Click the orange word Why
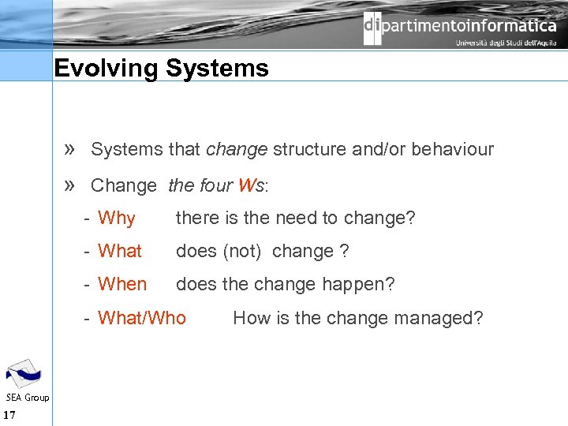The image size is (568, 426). coord(117,219)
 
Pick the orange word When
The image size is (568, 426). coord(122,284)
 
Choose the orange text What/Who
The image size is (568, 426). coord(142,318)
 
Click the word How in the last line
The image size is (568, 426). coord(252,318)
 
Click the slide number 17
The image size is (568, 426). coord(10,416)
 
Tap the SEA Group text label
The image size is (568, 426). coord(28,398)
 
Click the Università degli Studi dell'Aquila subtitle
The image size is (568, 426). coord(506,43)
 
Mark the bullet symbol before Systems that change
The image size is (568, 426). coord(69,149)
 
